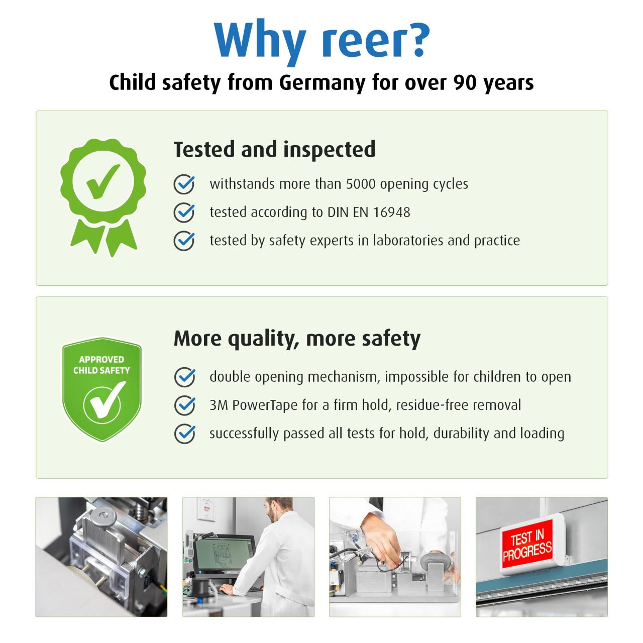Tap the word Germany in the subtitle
click(x=322, y=82)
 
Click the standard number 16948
click(x=391, y=212)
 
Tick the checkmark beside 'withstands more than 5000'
click(x=184, y=184)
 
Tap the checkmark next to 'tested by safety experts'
click(x=184, y=240)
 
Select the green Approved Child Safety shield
click(x=102, y=389)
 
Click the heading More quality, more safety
click(x=297, y=339)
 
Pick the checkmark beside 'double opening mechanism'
click(x=184, y=377)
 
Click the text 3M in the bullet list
click(x=219, y=405)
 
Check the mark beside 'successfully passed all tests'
click(x=184, y=434)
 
